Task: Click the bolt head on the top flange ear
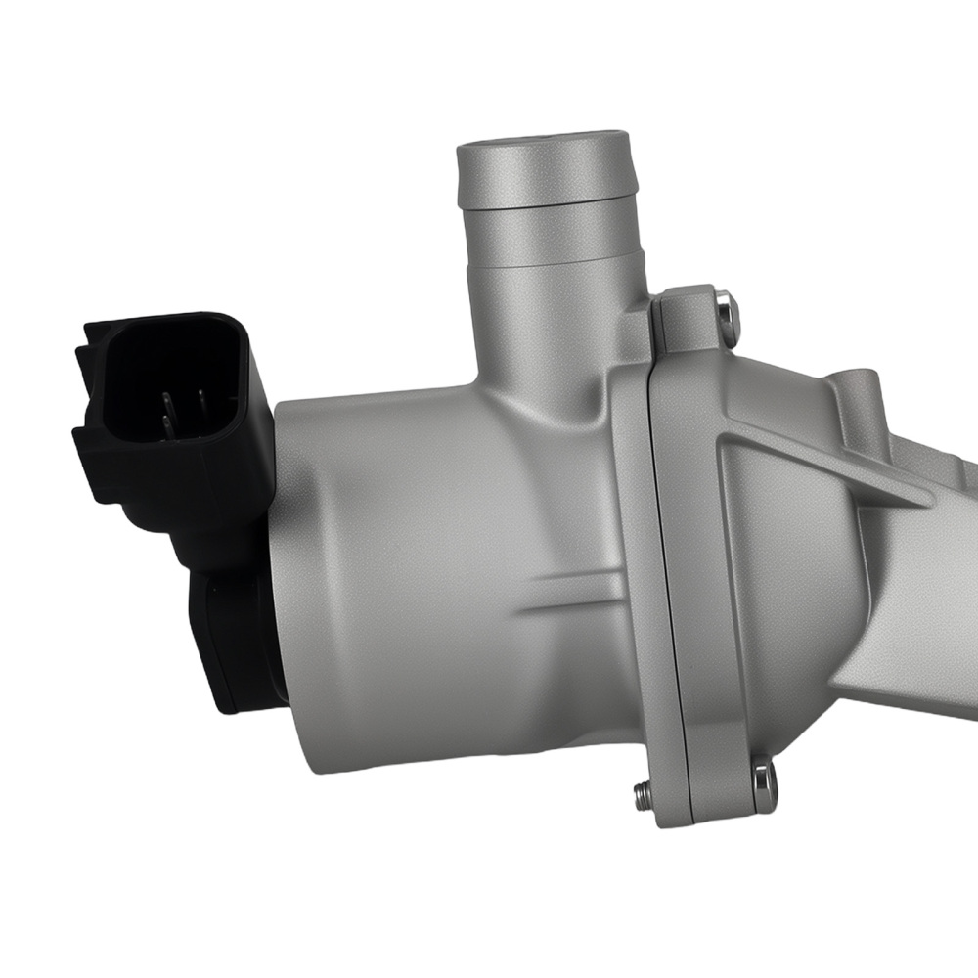[723, 311]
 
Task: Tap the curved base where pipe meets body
[489, 381]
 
